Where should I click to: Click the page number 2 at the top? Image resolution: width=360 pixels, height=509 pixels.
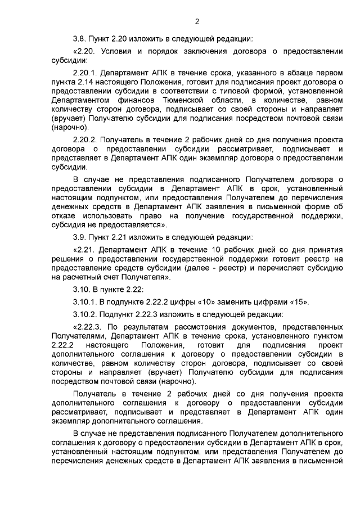[197, 22]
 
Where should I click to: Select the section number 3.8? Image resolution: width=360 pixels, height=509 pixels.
[81, 39]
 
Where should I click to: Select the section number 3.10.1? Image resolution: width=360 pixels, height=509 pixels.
[87, 301]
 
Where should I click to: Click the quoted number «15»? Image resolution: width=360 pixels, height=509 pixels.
[298, 301]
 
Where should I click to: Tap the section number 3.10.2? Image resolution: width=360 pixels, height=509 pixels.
[87, 313]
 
